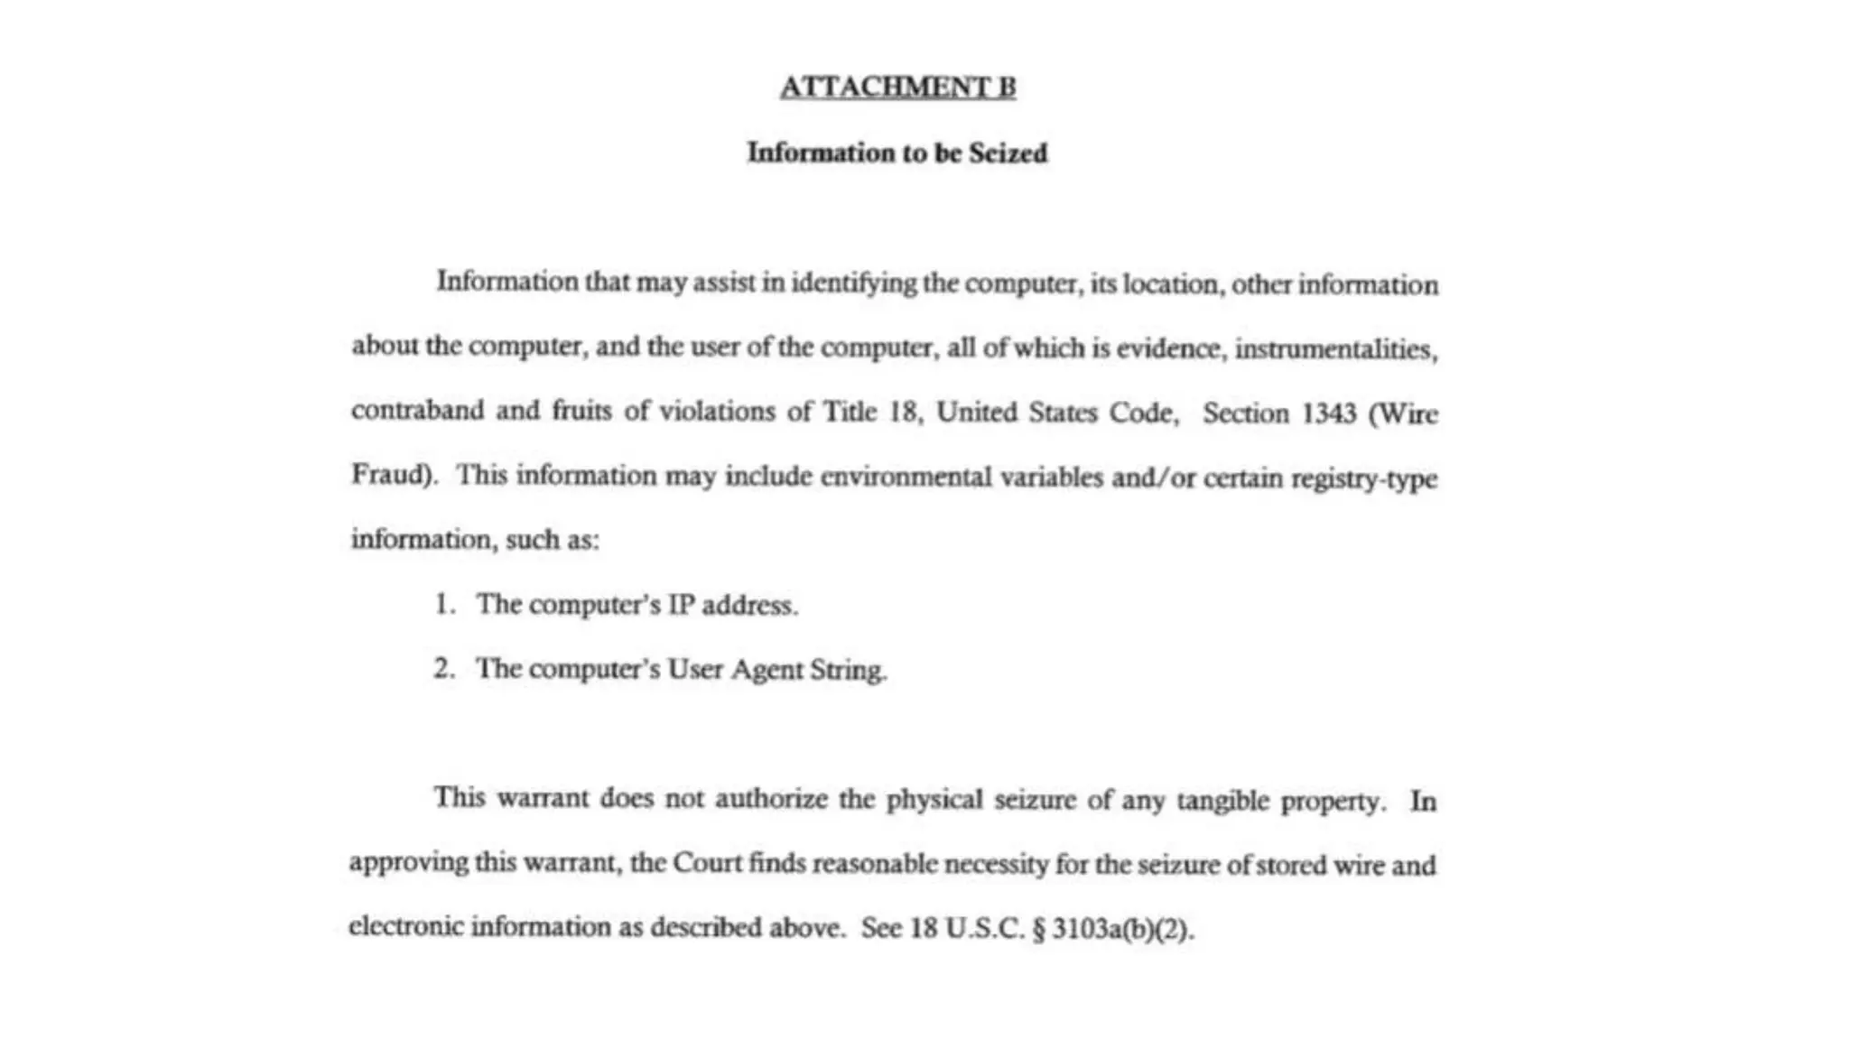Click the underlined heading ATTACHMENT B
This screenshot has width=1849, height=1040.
[x=897, y=88]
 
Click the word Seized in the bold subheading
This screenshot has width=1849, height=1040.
[x=1008, y=153]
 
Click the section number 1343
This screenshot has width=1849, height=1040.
[x=1328, y=413]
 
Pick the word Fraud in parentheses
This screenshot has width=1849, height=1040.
[x=389, y=475]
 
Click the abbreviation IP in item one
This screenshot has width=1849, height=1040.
[x=681, y=604]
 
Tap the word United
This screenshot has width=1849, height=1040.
[x=977, y=413]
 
